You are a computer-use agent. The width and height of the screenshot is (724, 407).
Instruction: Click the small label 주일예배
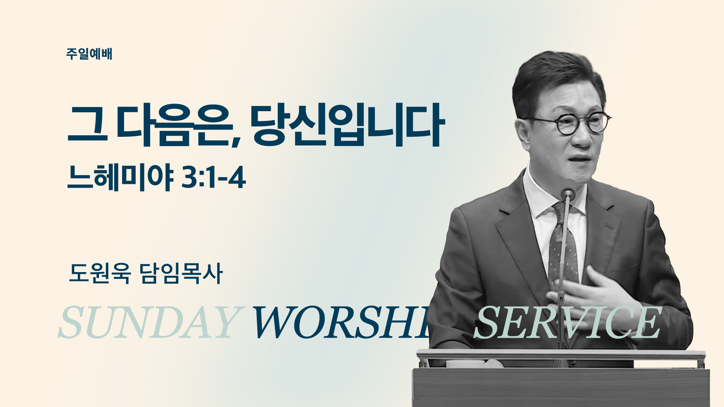[x=89, y=54]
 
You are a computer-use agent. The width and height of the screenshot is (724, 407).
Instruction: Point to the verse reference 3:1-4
[x=214, y=178]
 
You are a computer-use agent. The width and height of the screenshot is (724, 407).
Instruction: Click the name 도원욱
[x=100, y=273]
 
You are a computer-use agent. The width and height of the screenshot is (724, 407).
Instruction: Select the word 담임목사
[x=181, y=273]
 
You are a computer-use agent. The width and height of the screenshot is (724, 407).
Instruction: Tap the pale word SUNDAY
[x=149, y=322]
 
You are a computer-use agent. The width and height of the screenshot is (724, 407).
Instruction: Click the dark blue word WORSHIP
[x=341, y=322]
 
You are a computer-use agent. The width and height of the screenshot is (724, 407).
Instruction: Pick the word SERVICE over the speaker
[x=568, y=322]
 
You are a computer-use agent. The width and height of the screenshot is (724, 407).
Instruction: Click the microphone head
[x=568, y=193]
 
